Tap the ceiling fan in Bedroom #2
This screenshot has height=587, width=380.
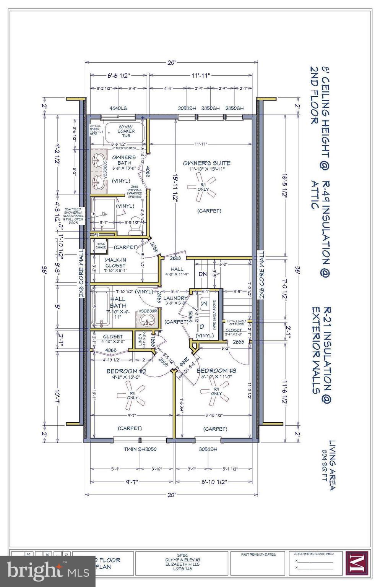pos(133,395)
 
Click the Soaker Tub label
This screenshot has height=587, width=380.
pos(126,133)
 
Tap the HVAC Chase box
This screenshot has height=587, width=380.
pos(101,246)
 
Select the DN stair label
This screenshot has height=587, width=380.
pos(203,274)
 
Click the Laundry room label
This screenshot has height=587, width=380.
pos(175,298)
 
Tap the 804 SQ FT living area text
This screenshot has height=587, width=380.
pos(325,469)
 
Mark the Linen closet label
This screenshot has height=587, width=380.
pos(141,340)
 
